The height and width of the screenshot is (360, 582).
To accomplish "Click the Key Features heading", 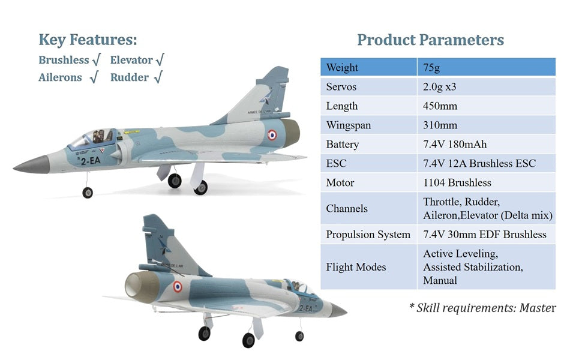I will tap(88, 40).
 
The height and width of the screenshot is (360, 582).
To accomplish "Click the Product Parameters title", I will tap(430, 40).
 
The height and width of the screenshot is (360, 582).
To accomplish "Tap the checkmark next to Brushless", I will tap(96, 61).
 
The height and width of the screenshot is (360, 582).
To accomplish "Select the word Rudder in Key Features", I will tap(129, 77).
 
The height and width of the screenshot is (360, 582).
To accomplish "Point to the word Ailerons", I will tap(60, 77).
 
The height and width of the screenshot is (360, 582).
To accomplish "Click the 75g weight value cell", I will tap(486, 67).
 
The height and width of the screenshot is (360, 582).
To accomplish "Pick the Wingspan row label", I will tap(349, 125).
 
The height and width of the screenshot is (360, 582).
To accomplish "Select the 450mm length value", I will tap(440, 106).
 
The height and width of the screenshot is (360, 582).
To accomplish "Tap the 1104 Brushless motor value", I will tap(457, 183).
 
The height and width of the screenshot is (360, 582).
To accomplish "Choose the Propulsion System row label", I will tap(368, 235).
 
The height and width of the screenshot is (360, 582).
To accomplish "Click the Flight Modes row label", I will tap(356, 267).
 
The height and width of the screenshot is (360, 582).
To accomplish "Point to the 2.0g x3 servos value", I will tap(440, 87).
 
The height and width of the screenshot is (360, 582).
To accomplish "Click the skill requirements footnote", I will tap(482, 308).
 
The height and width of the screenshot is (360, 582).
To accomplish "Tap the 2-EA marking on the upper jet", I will tap(91, 160).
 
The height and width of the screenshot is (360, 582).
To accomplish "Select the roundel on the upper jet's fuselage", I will tap(272, 134).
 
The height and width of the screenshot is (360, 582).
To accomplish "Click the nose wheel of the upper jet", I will tap(88, 193).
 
